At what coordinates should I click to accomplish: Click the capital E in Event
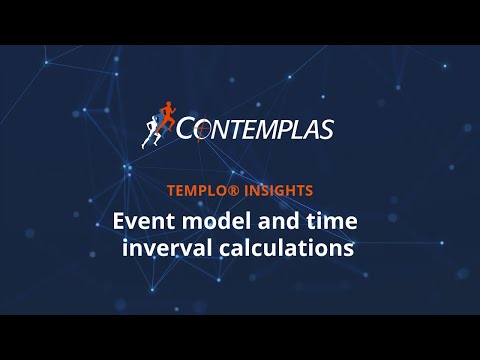pos(120,219)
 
